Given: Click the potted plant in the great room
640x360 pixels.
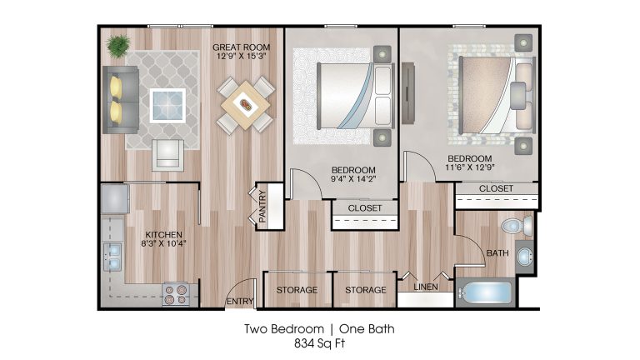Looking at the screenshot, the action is point(119,45).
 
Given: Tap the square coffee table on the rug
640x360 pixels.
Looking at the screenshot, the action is point(167,105).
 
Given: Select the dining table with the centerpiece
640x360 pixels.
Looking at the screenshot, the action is point(245,105).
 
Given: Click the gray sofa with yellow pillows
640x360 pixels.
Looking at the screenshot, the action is point(120,100).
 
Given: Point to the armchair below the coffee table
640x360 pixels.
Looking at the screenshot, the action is point(167,155).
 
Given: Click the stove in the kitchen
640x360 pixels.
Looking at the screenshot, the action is point(177,295).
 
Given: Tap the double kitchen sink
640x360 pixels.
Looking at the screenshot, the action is point(112,257).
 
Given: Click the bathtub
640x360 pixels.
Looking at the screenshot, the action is point(484,293).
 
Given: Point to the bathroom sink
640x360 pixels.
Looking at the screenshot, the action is point(524,257).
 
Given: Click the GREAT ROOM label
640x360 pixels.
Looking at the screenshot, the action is point(241,47).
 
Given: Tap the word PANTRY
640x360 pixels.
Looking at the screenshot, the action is point(262,206).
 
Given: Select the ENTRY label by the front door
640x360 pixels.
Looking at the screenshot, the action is point(240,301).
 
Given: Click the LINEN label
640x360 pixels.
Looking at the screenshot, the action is point(426,287).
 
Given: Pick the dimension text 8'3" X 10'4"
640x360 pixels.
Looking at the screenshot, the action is point(163,243).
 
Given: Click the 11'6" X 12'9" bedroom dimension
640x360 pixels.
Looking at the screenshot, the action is point(470,167).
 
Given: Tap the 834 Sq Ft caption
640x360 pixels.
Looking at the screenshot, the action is point(320,343).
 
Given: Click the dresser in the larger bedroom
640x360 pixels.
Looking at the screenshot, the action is point(408,93).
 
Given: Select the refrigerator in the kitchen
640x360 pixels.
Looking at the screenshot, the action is point(115,199).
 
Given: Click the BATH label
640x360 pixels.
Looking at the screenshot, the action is point(497,253).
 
